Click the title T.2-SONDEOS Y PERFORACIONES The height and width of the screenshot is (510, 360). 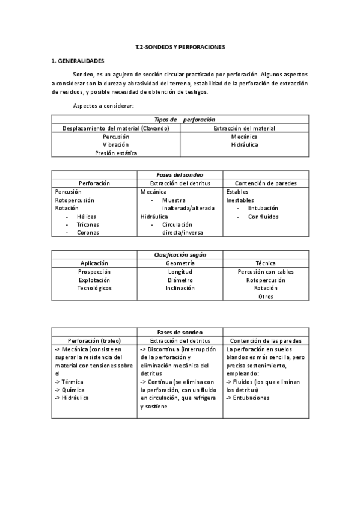click(x=180, y=46)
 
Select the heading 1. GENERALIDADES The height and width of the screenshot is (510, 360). click(x=78, y=61)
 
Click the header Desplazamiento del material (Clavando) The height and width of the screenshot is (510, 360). click(x=116, y=128)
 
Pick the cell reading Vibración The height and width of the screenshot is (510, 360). click(x=116, y=145)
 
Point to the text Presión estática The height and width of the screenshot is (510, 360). click(x=116, y=153)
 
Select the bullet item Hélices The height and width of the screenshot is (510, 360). click(x=87, y=217)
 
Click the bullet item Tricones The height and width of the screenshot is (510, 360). click(x=88, y=224)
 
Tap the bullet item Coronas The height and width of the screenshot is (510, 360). click(x=88, y=232)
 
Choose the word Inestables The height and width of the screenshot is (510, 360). click(x=240, y=200)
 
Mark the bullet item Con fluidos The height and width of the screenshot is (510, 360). click(x=263, y=217)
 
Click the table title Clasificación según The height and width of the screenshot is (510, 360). click(x=180, y=255)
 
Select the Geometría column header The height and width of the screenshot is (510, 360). click(x=180, y=263)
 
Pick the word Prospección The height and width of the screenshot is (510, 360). click(x=94, y=272)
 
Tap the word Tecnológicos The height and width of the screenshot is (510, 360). click(x=95, y=288)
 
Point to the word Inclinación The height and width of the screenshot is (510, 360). click(x=180, y=288)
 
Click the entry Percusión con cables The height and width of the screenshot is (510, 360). click(x=266, y=272)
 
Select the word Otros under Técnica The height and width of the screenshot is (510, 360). click(x=266, y=296)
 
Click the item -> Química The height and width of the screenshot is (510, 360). click(x=69, y=390)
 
